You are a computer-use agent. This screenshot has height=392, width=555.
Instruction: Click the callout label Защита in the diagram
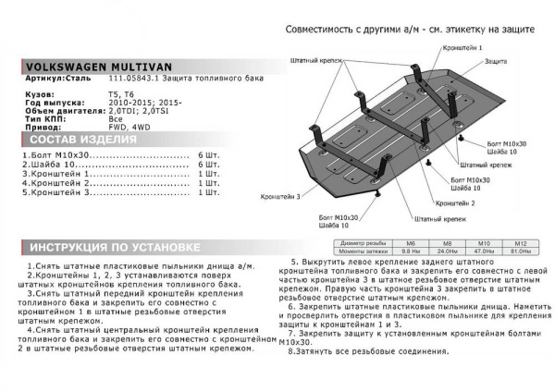click(497, 61)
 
